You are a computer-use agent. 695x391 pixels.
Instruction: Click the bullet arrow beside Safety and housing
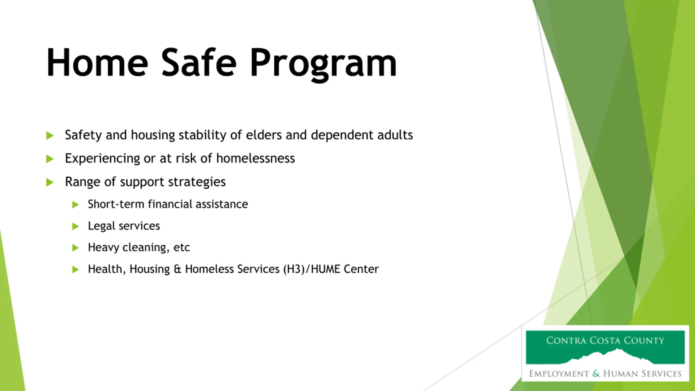point(50,135)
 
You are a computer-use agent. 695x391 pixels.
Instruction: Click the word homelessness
point(255,158)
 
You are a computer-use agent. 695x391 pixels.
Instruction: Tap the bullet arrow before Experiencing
point(50,159)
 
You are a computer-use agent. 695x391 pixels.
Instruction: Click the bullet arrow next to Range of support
point(50,182)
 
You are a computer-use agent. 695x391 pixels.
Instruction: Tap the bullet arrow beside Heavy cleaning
point(75,248)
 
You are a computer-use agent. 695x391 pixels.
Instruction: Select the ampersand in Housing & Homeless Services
point(177,269)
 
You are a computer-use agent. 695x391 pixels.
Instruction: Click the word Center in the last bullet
point(361,269)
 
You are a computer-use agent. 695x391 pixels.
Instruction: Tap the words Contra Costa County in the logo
point(605,340)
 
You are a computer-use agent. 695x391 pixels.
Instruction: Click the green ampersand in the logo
point(596,373)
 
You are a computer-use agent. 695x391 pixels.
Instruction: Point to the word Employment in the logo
point(559,374)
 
